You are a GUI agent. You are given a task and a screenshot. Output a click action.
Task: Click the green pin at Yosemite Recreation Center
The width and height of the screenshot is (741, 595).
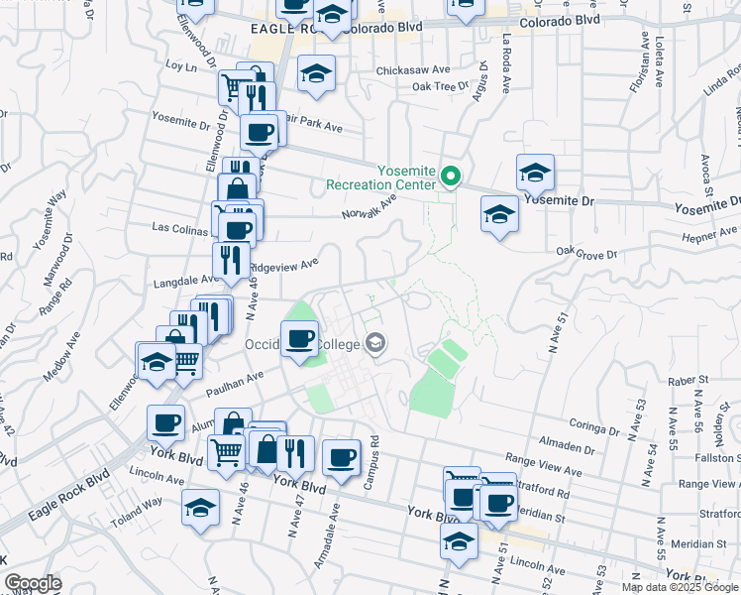(x=452, y=178)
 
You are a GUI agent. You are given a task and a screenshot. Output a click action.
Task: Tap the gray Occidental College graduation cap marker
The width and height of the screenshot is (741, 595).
(x=375, y=344)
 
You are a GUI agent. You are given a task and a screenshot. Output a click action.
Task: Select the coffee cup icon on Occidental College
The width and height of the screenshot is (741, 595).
(x=300, y=338)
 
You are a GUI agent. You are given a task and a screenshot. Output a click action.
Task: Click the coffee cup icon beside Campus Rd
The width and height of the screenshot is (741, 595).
(x=342, y=457)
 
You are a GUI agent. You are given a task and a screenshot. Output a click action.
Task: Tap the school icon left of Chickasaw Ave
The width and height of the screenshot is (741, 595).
(x=317, y=73)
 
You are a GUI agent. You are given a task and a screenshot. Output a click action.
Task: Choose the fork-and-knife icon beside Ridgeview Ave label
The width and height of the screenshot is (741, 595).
(x=230, y=261)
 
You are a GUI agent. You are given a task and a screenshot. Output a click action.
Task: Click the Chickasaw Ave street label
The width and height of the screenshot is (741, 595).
(x=413, y=71)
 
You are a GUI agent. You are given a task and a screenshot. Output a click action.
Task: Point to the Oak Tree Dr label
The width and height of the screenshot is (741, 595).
(x=440, y=87)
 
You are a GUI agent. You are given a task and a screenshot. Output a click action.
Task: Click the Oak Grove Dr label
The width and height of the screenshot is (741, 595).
(x=586, y=255)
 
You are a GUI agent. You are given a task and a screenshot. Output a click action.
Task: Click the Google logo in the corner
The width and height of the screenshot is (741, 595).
(x=33, y=583)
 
